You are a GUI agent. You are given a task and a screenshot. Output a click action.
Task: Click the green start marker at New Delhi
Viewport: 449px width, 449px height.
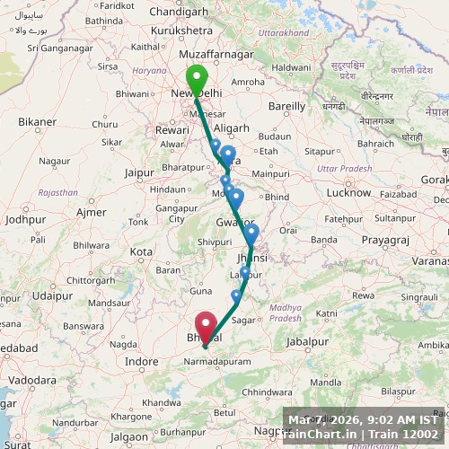[196, 80]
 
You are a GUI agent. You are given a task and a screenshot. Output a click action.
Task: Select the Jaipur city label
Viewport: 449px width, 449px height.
[139, 172]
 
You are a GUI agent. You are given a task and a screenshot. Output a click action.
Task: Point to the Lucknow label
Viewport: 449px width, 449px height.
[348, 193]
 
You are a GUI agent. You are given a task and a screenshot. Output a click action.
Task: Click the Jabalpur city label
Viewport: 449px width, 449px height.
[308, 341]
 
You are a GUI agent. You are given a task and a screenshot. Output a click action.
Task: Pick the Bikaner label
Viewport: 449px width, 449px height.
[37, 121]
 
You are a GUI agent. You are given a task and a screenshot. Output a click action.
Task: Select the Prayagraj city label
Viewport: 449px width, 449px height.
[385, 240]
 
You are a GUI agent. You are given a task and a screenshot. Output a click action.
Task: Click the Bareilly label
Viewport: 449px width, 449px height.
[287, 105]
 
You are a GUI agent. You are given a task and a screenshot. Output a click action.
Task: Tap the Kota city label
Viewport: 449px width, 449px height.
[141, 251]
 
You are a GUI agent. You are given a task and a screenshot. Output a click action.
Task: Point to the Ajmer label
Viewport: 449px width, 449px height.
[92, 212]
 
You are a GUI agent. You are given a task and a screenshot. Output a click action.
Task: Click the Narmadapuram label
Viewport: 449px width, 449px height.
[214, 361]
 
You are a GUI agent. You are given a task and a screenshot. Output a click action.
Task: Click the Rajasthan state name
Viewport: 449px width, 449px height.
[57, 192]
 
